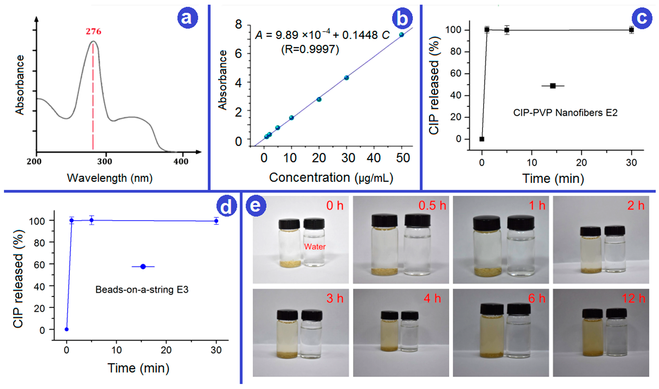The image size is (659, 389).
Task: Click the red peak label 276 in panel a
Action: [x=93, y=31]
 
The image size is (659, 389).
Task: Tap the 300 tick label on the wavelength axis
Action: [x=105, y=161]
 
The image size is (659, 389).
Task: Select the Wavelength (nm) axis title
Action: [x=110, y=178]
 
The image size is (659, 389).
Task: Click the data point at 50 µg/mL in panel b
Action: [x=402, y=35]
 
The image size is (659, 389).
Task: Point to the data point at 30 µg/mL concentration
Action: [x=346, y=78]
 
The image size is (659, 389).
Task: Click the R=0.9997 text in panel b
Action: [x=310, y=49]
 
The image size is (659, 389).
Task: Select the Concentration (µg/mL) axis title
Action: [x=331, y=178]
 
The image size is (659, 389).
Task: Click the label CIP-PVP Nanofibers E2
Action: [x=565, y=113]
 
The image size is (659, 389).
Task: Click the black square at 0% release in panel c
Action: [x=482, y=139]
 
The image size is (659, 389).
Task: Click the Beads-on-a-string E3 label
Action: [x=142, y=290]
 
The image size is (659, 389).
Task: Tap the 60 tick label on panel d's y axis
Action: [x=39, y=265]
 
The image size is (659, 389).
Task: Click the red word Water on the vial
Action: [x=315, y=247]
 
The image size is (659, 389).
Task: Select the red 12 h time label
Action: [x=633, y=299]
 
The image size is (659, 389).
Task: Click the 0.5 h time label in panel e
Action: [x=432, y=206]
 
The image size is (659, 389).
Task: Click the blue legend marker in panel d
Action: [x=143, y=267]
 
